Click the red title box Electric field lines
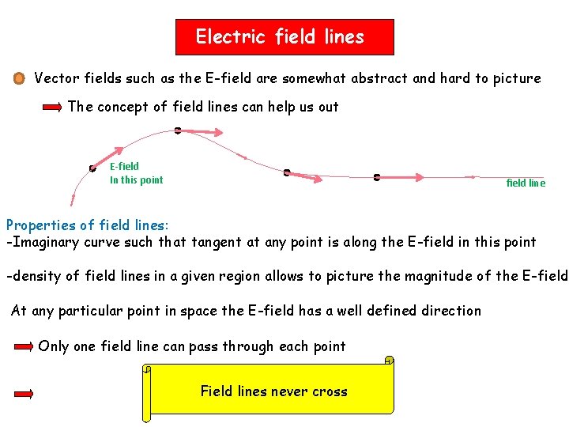(x=284, y=37)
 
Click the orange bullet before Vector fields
(x=19, y=78)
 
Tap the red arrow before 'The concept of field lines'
(x=52, y=107)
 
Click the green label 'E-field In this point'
(x=136, y=173)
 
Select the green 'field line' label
(x=526, y=183)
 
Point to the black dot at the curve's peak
(x=177, y=130)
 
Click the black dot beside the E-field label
(x=92, y=168)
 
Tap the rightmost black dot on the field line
(x=376, y=177)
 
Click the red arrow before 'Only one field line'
(x=24, y=346)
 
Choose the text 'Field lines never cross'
(x=273, y=391)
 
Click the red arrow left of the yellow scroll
(x=24, y=393)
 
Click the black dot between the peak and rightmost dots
(x=287, y=172)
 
